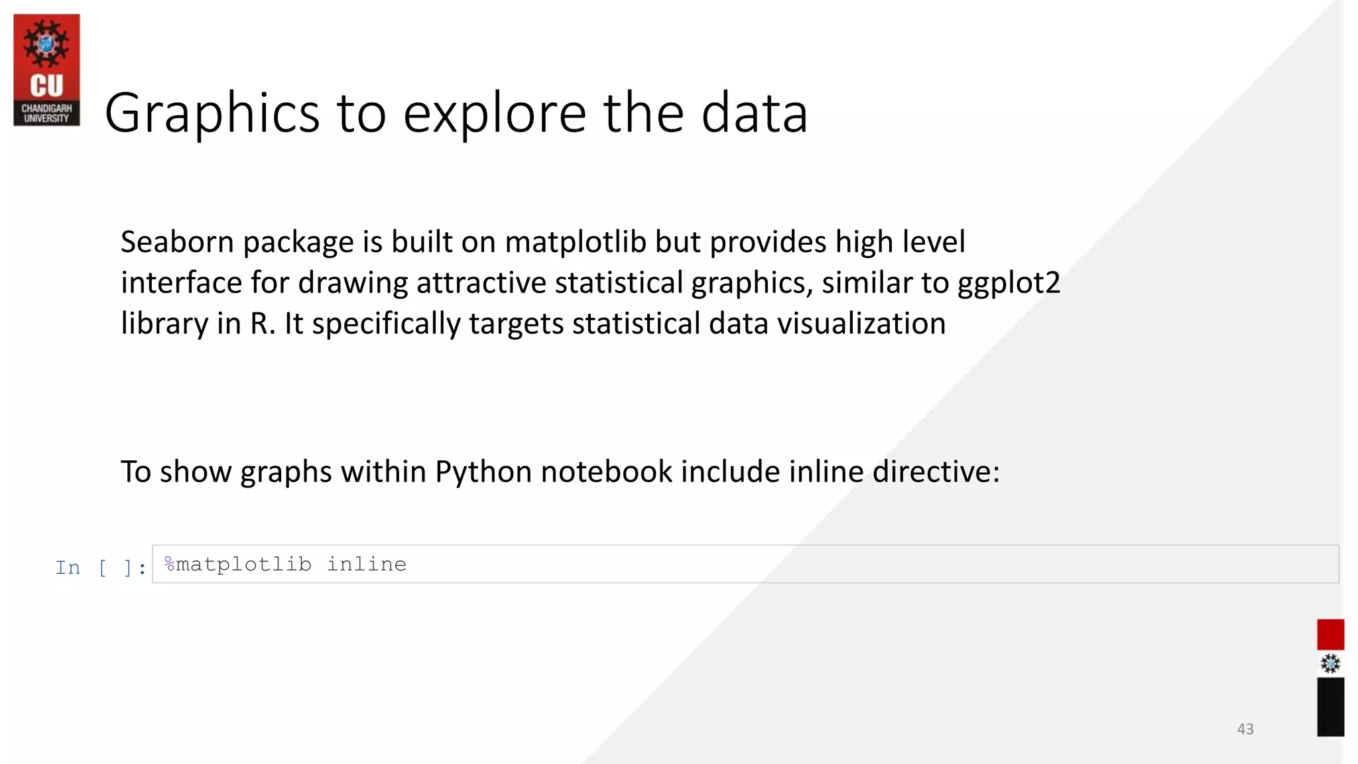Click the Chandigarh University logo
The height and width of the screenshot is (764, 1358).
pos(46,70)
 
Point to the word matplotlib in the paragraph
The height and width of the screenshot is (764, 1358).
pos(575,242)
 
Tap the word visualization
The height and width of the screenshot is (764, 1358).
pos(861,324)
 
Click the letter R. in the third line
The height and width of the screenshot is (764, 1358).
pos(263,324)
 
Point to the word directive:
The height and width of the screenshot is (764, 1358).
pos(936,472)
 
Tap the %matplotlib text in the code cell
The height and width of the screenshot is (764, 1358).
pos(237,564)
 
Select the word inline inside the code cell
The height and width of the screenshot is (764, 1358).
pos(367,564)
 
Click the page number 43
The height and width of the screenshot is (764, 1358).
pos(1245,729)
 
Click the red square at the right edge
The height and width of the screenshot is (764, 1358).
pos(1329,635)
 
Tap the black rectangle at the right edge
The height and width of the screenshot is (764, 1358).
pos(1329,706)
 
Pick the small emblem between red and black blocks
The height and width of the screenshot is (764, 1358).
pos(1329,664)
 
